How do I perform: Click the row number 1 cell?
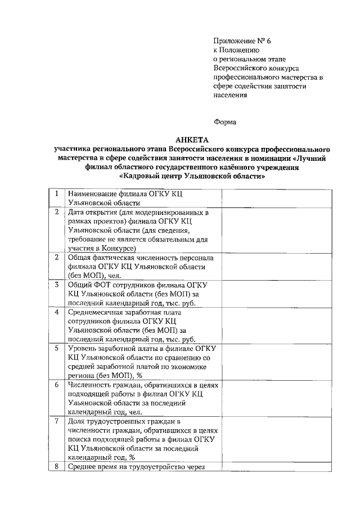pyautogui.click(x=57, y=193)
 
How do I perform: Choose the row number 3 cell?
pyautogui.click(x=57, y=284)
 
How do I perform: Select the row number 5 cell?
pyautogui.click(x=57, y=348)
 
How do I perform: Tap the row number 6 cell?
pyautogui.click(x=57, y=385)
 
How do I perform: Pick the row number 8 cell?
pyautogui.click(x=57, y=466)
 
